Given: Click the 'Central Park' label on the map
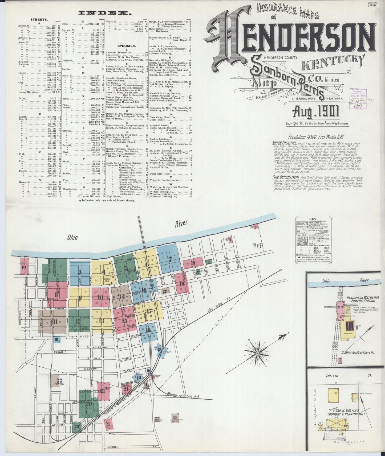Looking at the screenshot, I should pyautogui.click(x=107, y=280).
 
